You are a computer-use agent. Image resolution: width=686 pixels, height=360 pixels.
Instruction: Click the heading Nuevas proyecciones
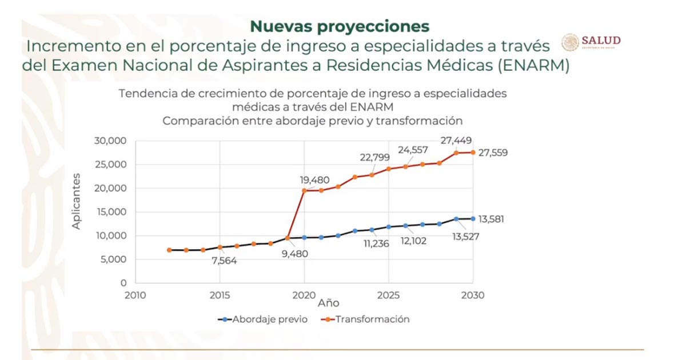point(340,26)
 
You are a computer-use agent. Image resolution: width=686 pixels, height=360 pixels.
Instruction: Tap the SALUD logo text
point(601,41)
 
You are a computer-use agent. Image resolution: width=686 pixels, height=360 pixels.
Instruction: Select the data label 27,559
point(493,153)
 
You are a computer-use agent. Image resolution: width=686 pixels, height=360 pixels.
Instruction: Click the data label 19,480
point(315,180)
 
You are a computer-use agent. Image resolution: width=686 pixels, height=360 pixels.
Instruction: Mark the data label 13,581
point(493,219)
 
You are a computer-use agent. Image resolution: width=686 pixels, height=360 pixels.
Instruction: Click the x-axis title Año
point(329,302)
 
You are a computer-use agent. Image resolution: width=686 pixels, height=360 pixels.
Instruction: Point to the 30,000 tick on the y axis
point(110,141)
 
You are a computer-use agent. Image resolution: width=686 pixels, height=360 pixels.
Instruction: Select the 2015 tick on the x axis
point(220,295)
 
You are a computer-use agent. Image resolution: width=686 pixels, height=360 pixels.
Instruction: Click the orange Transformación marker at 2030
point(473,152)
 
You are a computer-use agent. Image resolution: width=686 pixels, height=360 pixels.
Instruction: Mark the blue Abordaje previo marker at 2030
point(473,218)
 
